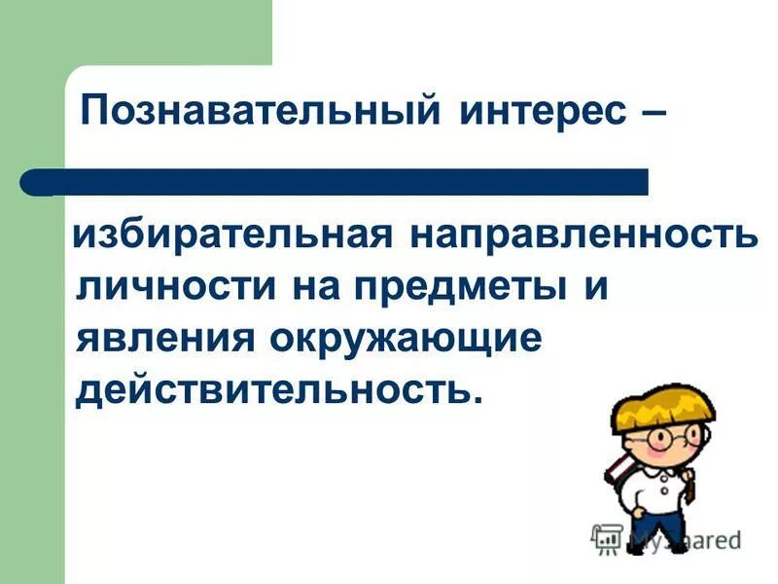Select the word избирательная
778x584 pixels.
(232, 237)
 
